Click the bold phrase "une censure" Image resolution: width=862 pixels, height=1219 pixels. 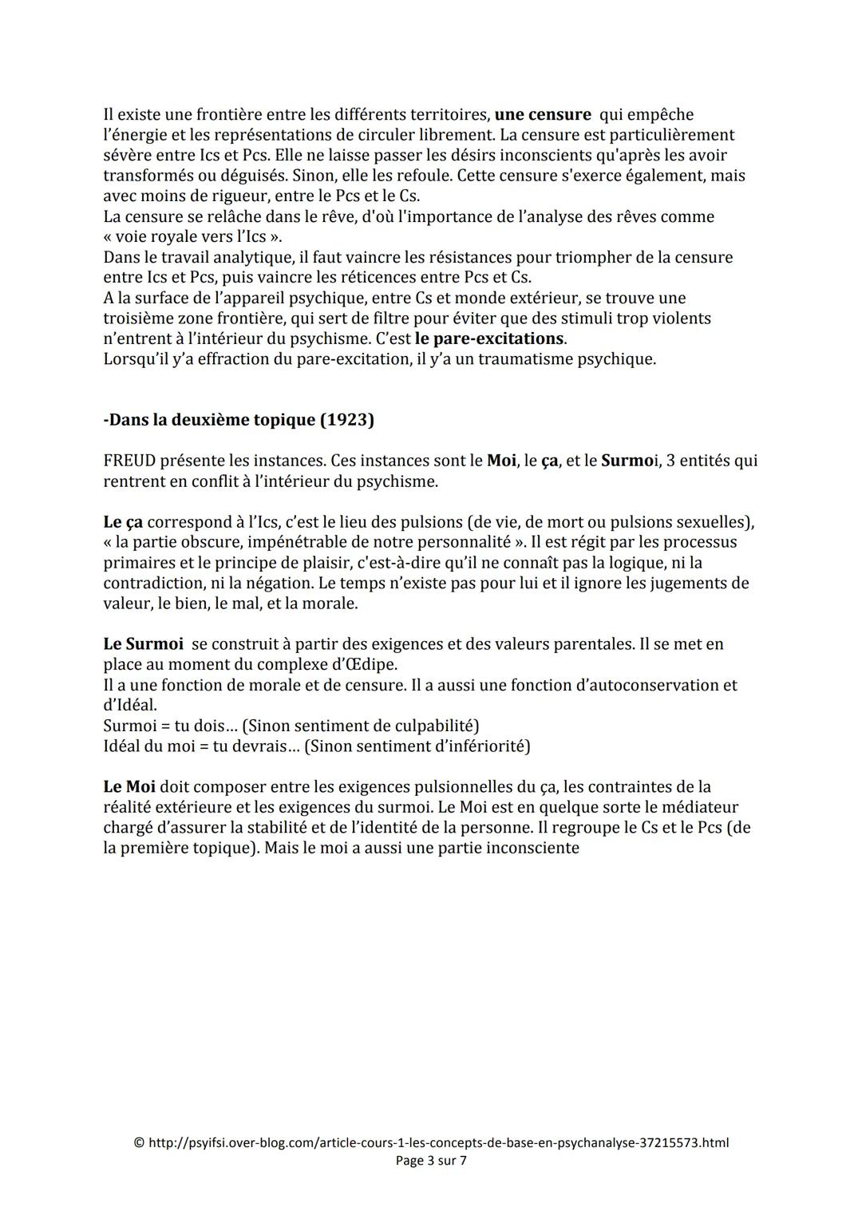tap(543, 114)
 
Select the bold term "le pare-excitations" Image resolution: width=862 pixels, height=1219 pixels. tap(489, 338)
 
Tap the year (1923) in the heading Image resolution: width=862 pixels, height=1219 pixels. tap(346, 420)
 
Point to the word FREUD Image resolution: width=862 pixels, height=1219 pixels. tap(129, 461)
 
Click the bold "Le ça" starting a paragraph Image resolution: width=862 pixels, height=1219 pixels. tap(123, 522)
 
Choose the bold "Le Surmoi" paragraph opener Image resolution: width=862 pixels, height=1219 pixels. tap(143, 644)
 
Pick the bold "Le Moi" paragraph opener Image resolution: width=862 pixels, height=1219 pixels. tap(133, 787)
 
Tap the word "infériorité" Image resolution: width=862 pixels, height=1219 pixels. tap(484, 746)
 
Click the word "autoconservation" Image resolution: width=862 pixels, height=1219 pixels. tap(650, 685)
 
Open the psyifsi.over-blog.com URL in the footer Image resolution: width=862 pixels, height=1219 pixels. tap(438, 1142)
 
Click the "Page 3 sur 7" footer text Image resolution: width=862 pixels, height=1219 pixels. tap(431, 1161)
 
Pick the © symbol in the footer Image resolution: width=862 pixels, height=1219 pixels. tap(139, 1142)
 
